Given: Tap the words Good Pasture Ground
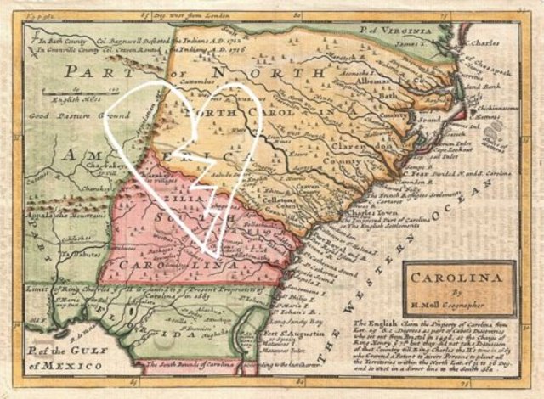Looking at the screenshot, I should pyautogui.click(x=79, y=114).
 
